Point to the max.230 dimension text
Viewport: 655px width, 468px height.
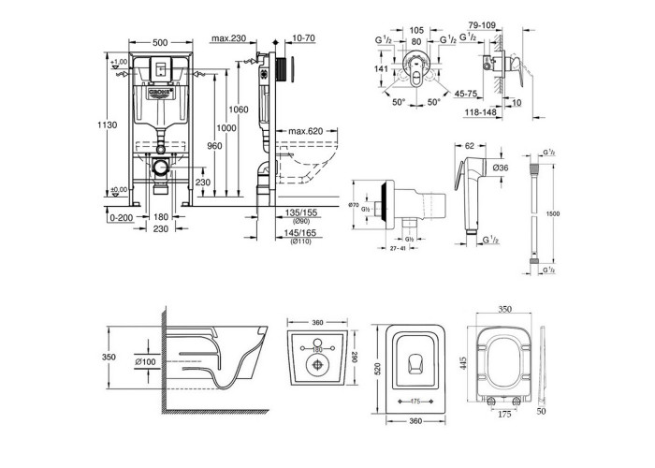(228, 38)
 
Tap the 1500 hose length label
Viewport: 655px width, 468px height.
(554, 213)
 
